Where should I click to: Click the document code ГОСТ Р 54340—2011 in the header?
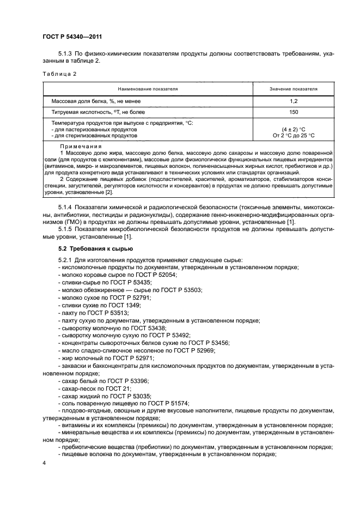[x=72, y=37]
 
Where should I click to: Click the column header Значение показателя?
[x=294, y=88]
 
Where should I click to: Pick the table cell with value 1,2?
[x=294, y=101]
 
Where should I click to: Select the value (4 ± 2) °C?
[x=294, y=130]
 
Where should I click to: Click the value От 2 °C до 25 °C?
[x=294, y=136]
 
